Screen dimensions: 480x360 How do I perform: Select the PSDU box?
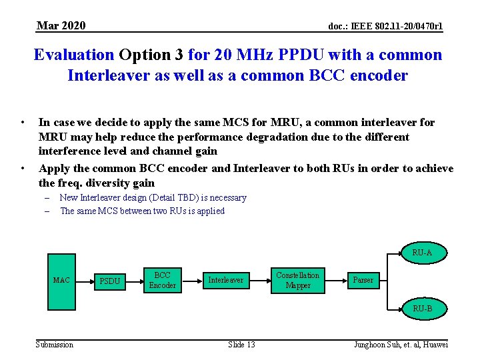pos(109,281)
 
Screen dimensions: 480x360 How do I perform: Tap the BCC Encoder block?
pos(162,280)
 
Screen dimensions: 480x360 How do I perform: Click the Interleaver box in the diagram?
pos(226,280)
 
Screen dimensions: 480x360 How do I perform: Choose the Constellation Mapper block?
pos(297,280)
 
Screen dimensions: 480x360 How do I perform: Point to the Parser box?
pos(363,280)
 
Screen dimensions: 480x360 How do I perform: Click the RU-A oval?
pos(422,253)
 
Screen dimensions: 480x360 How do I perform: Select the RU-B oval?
pos(422,308)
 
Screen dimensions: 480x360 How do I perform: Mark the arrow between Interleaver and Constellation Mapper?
pos(261,280)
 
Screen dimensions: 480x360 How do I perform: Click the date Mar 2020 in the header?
pos(61,25)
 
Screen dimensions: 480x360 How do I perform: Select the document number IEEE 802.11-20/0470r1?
pos(385,26)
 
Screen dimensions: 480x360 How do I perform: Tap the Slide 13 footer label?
pos(241,344)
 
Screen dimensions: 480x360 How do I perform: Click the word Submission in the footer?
pos(54,344)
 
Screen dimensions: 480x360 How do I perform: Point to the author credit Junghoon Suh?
pos(401,344)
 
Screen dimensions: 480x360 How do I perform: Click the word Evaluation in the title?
pos(74,55)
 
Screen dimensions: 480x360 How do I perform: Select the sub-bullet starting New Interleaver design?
pos(153,197)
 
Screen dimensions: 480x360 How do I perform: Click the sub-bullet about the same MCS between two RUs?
pos(142,211)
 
